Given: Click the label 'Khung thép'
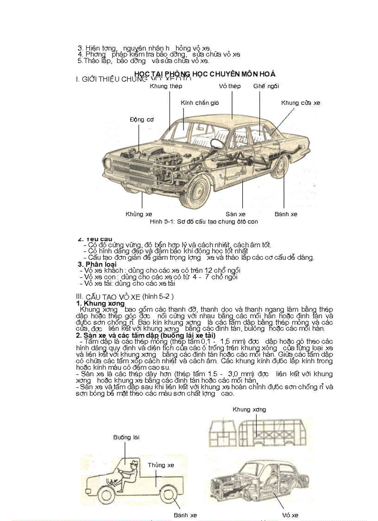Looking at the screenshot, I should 166,86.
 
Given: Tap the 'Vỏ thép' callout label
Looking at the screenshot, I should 230,86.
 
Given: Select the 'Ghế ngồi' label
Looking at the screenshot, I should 266,86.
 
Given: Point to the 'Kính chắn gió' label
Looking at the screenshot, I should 200,103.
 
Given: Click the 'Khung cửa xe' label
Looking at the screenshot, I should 301,103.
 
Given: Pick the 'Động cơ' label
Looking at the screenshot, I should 141,119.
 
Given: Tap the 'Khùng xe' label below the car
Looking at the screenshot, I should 139,214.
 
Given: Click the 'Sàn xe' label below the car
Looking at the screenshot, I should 235,214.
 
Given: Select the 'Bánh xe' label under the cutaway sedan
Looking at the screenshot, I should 286,214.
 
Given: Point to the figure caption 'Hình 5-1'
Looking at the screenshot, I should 204,221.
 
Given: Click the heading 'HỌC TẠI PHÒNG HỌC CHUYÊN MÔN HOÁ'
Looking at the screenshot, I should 204,74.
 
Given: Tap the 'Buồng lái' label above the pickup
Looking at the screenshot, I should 126,437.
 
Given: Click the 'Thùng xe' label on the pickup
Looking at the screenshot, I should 161,465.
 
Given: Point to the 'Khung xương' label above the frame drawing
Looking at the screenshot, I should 249,409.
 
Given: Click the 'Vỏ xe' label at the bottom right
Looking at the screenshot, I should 290,515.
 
